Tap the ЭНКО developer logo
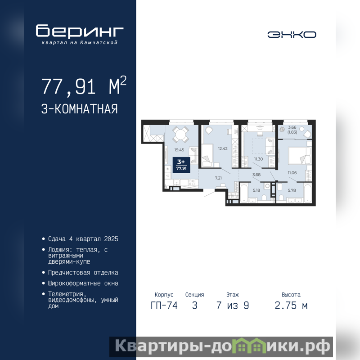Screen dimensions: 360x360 point(292,35)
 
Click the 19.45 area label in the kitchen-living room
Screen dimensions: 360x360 point(179,150)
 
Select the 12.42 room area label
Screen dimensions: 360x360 point(223,148)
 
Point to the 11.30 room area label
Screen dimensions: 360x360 point(258,159)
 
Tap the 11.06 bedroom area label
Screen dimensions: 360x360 point(292,173)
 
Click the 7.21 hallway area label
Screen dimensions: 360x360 point(218,178)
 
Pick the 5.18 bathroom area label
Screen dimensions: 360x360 point(256,190)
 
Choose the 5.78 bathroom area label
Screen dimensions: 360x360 point(292,190)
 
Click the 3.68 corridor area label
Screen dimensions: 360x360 point(256,175)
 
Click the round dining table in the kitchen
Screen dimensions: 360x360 point(181,134)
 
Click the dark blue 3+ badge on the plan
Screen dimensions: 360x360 point(181,165)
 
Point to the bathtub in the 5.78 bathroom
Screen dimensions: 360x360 point(307,193)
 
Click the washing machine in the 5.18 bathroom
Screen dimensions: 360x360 point(267,185)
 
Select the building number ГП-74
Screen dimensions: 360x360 point(164,306)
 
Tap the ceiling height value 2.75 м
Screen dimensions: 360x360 point(291,306)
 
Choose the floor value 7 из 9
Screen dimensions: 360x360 point(233,306)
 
